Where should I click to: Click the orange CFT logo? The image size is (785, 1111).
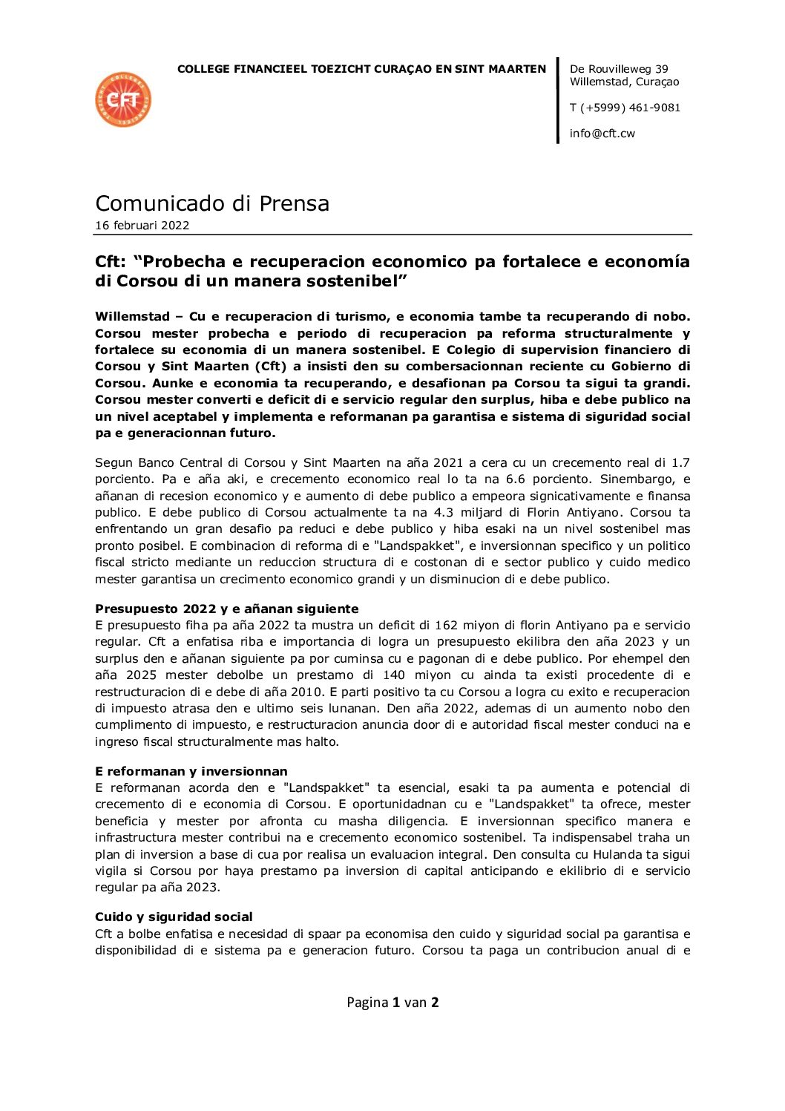pyautogui.click(x=123, y=99)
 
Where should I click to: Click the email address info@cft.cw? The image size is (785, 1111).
pyautogui.click(x=602, y=134)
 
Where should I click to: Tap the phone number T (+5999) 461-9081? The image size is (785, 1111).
pyautogui.click(x=625, y=108)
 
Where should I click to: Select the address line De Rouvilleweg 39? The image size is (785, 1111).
pyautogui.click(x=619, y=69)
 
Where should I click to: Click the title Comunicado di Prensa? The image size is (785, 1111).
pyautogui.click(x=212, y=203)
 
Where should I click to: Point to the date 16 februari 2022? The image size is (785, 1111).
pyautogui.click(x=142, y=226)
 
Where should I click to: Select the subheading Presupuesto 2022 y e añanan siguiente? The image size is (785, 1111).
pyautogui.click(x=226, y=609)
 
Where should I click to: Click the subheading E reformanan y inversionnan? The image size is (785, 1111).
pyautogui.click(x=191, y=771)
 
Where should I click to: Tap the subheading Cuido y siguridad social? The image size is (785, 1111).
pyautogui.click(x=174, y=917)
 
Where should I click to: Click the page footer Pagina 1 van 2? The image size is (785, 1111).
pyautogui.click(x=392, y=1003)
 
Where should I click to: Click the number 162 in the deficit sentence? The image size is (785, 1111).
pyautogui.click(x=447, y=625)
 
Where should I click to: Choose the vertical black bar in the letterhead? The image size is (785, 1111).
pyautogui.click(x=558, y=100)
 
